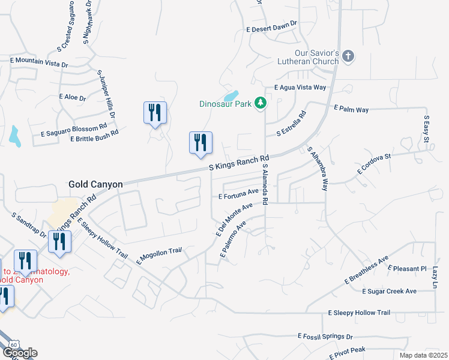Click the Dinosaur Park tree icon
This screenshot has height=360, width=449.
pos(261,103)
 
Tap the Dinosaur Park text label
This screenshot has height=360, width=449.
pos(226,104)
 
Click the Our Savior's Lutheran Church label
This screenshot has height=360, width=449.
pos(308,57)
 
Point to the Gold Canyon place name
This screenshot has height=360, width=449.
pos(95,184)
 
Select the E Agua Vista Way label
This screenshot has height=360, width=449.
pos(300,88)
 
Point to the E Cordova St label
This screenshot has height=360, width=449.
pos(374,163)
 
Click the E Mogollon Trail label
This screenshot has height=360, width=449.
pos(159,255)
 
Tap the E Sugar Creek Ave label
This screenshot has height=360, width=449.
pos(389,292)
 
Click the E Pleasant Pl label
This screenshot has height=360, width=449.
pos(407,268)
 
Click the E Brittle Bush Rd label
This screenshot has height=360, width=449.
pos(94,136)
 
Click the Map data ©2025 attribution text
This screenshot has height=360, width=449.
pos(423,355)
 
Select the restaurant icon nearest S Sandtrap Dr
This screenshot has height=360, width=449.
pos(61,241)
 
